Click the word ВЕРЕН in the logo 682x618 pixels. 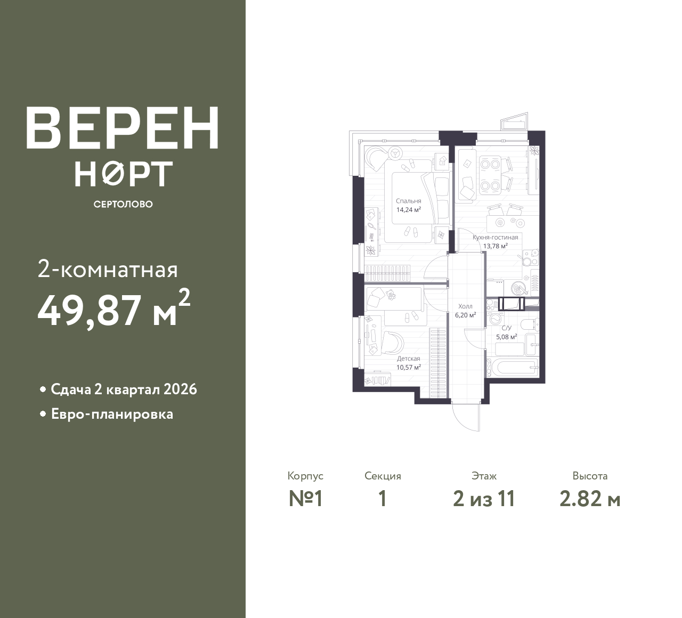[123, 128]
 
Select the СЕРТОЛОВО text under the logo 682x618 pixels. [123, 205]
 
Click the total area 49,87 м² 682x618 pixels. [113, 310]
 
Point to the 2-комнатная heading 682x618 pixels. [108, 270]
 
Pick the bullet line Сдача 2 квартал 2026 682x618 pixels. [124, 389]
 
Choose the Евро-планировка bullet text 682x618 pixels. [112, 414]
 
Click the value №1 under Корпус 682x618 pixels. [306, 499]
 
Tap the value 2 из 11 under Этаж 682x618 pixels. [484, 499]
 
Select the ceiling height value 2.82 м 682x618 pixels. [590, 499]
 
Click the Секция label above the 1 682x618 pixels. [383, 476]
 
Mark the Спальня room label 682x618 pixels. [409, 201]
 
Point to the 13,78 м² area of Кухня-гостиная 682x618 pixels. [495, 246]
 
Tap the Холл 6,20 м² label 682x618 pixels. [465, 311]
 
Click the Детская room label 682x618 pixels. [409, 359]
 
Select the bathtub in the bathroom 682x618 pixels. [515, 367]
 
